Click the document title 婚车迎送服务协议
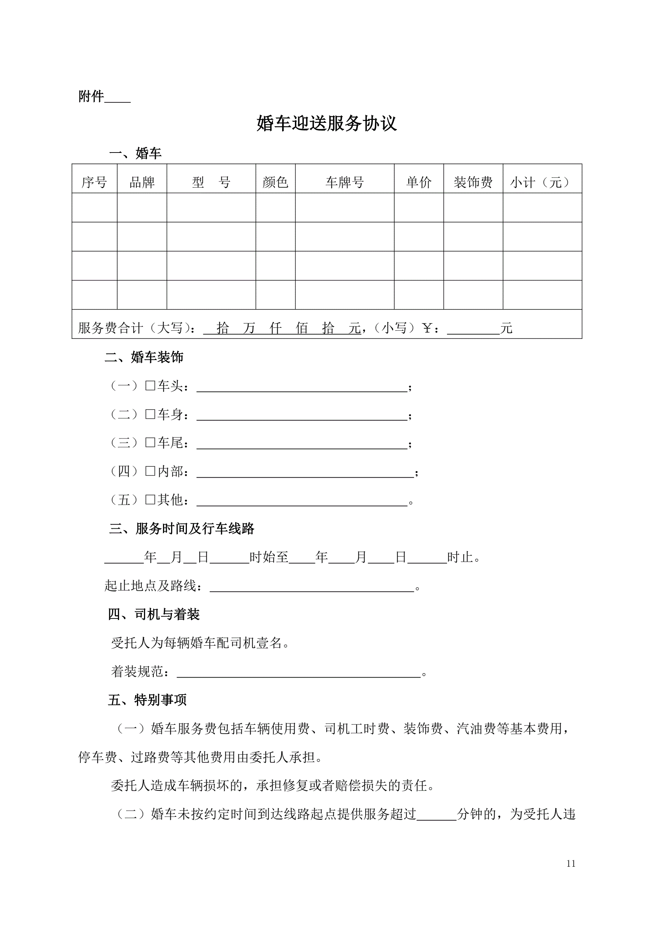click(326, 123)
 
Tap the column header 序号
click(94, 182)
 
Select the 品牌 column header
click(142, 182)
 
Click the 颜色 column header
click(275, 182)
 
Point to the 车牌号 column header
click(344, 182)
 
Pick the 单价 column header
click(418, 182)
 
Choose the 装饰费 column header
click(473, 182)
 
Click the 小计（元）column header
click(542, 182)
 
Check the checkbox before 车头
click(150, 386)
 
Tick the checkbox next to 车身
click(150, 414)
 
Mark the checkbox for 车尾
click(150, 443)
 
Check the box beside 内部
click(150, 471)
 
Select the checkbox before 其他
click(150, 500)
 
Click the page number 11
click(570, 863)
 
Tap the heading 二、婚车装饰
click(144, 357)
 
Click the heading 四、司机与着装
click(154, 614)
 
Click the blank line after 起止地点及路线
click(312, 587)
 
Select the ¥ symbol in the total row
click(427, 328)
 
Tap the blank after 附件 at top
click(118, 98)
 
